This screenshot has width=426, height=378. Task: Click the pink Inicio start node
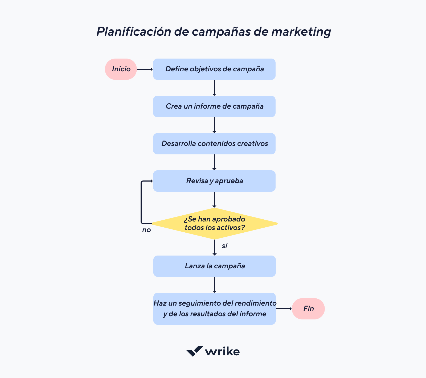(121, 69)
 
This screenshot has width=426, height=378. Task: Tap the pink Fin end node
(308, 309)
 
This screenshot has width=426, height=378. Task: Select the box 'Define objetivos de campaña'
(214, 69)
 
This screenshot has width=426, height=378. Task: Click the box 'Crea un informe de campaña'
(214, 106)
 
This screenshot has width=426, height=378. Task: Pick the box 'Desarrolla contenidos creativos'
(214, 144)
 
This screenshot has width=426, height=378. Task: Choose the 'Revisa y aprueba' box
(214, 181)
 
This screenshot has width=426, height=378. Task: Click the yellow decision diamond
(214, 224)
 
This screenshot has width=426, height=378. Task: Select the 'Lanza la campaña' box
(215, 266)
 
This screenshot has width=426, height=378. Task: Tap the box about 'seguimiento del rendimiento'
(215, 309)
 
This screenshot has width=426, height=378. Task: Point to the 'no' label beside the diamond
(146, 230)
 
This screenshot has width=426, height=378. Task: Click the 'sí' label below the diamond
(224, 246)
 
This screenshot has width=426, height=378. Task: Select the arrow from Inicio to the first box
(145, 69)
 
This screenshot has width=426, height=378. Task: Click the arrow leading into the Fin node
(284, 309)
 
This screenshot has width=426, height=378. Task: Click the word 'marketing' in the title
(301, 32)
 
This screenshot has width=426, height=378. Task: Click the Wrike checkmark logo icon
(194, 351)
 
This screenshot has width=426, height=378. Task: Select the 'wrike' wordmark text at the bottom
(222, 352)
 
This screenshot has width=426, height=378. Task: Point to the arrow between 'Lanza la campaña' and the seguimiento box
(215, 285)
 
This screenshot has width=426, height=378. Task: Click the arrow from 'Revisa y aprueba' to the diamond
(214, 200)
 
